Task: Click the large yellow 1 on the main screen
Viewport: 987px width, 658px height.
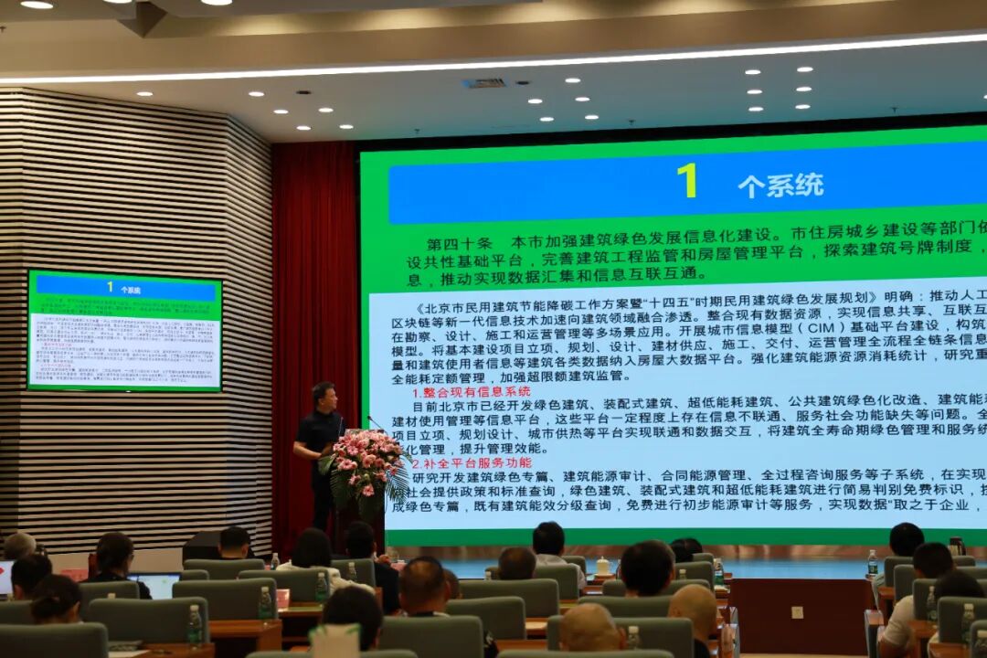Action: click(x=686, y=181)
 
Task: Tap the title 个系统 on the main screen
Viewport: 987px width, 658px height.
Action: click(x=780, y=186)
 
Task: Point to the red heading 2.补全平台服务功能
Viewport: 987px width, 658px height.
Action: click(x=472, y=462)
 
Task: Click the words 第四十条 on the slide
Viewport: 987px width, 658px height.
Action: click(x=459, y=245)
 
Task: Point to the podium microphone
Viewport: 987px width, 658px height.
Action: click(x=376, y=422)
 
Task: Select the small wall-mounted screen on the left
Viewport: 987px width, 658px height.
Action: click(x=124, y=330)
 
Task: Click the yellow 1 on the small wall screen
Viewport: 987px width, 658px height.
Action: click(x=110, y=286)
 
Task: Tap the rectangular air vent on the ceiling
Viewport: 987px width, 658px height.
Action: click(x=484, y=83)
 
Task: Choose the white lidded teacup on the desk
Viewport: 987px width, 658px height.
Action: click(x=602, y=567)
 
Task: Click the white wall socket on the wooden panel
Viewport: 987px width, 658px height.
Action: click(x=797, y=611)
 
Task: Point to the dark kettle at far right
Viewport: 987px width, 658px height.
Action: click(x=956, y=546)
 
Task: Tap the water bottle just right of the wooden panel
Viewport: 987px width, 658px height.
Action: click(x=873, y=562)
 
